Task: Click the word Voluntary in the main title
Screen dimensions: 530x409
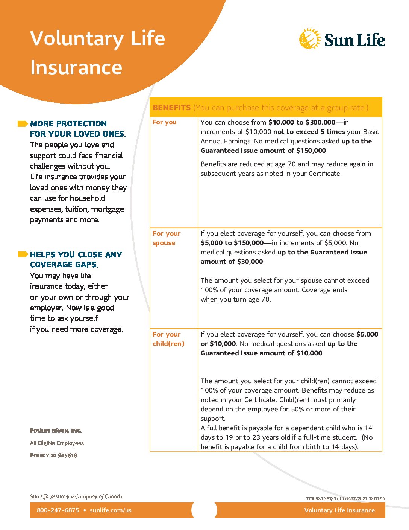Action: pyautogui.click(x=77, y=39)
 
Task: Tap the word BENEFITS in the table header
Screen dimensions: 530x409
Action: pyautogui.click(x=171, y=108)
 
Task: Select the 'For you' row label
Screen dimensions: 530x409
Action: pyautogui.click(x=164, y=122)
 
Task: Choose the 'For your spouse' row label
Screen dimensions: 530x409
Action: pyautogui.click(x=167, y=238)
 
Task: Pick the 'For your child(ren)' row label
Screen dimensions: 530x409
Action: pyautogui.click(x=168, y=339)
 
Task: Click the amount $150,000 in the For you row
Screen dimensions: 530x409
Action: pyautogui.click(x=311, y=151)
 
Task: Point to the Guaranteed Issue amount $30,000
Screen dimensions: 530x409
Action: pyautogui.click(x=250, y=262)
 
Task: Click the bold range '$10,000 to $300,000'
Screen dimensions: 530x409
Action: pyautogui.click(x=301, y=122)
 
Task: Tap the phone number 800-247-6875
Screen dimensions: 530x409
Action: pyautogui.click(x=58, y=510)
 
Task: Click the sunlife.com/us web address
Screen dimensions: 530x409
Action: pyautogui.click(x=111, y=510)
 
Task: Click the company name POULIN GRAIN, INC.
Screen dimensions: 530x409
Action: pyautogui.click(x=56, y=430)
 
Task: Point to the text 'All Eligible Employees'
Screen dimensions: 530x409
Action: pyautogui.click(x=57, y=443)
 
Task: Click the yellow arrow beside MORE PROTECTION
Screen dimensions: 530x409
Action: pyautogui.click(x=23, y=124)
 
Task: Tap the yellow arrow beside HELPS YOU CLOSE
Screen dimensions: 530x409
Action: pyautogui.click(x=23, y=254)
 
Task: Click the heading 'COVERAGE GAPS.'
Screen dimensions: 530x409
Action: pyautogui.click(x=64, y=265)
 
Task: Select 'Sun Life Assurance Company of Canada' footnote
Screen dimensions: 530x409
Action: pyautogui.click(x=76, y=496)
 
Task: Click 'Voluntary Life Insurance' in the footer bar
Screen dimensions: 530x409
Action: pyautogui.click(x=339, y=510)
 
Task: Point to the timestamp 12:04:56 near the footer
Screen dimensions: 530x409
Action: pyautogui.click(x=377, y=498)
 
